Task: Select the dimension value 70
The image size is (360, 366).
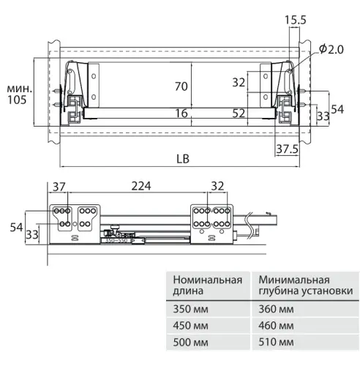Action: pos(182,87)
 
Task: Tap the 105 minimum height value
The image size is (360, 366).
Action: pos(15,100)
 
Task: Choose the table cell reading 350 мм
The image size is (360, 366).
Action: pos(187,310)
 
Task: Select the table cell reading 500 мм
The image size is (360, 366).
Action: pos(187,342)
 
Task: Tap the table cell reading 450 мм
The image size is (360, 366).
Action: pos(187,326)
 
